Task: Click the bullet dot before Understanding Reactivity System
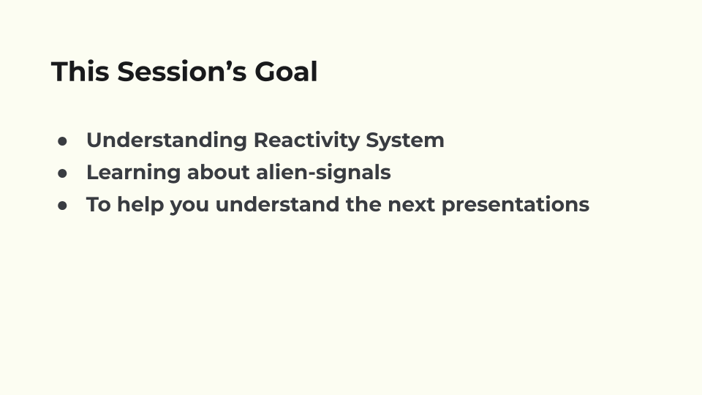click(63, 140)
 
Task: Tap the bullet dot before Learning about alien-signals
click(63, 173)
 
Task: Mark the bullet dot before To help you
click(63, 205)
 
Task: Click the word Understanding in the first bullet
click(166, 140)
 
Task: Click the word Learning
click(133, 173)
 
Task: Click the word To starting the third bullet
click(99, 205)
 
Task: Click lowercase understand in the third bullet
click(277, 205)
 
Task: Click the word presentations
click(515, 205)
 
